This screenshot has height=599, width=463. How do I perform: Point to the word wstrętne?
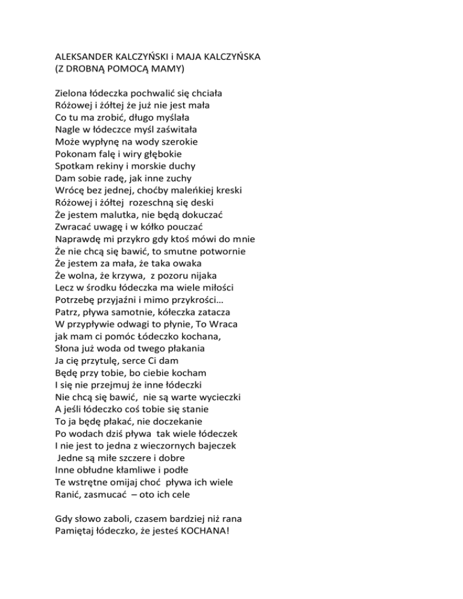95,478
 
